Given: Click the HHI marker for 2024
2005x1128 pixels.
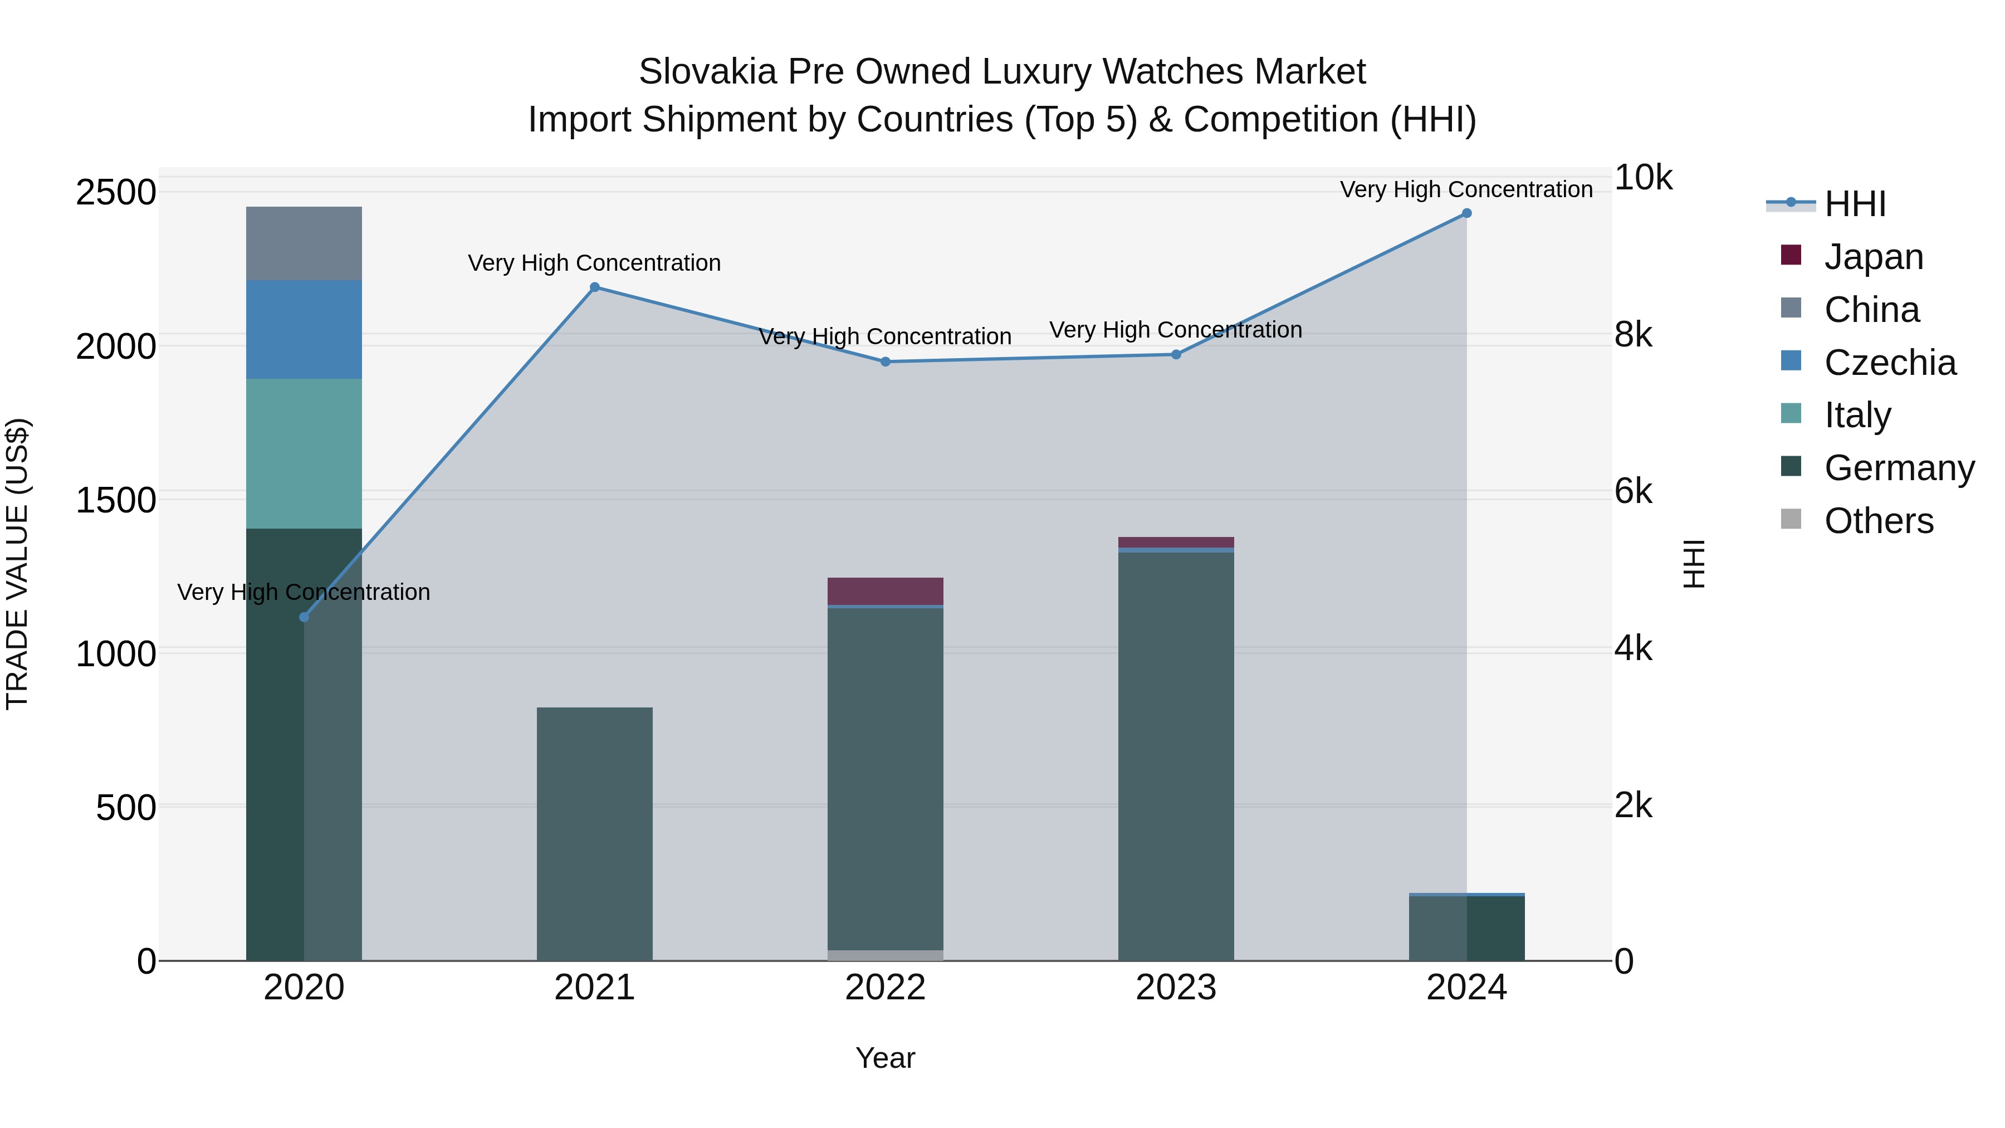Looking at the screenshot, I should tap(1466, 213).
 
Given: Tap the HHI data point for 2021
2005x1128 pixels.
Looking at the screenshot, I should tap(595, 287).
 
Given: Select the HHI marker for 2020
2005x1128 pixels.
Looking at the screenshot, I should tap(304, 617).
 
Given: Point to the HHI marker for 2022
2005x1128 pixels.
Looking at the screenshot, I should tap(885, 362).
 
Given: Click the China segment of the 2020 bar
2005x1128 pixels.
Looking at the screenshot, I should tap(304, 243).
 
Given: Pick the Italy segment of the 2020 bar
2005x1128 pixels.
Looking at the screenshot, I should tap(304, 454).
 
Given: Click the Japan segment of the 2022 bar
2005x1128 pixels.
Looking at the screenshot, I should tap(885, 591).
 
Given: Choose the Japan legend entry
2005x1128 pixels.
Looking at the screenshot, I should tap(1872, 257).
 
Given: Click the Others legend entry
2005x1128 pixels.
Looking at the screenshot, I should tap(1877, 521).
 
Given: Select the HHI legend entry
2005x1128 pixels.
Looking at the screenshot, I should tap(1854, 204).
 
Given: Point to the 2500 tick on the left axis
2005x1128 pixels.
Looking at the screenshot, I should tap(116, 192).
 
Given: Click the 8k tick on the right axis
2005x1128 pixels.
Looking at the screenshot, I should tap(1633, 335).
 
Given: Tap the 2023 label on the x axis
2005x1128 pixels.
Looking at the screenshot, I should tap(1175, 988).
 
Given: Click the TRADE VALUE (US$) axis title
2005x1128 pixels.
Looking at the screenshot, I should tap(17, 564).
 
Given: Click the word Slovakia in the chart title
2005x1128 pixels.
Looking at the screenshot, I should tap(707, 72).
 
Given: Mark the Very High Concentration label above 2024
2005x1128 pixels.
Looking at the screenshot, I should tap(1466, 190).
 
